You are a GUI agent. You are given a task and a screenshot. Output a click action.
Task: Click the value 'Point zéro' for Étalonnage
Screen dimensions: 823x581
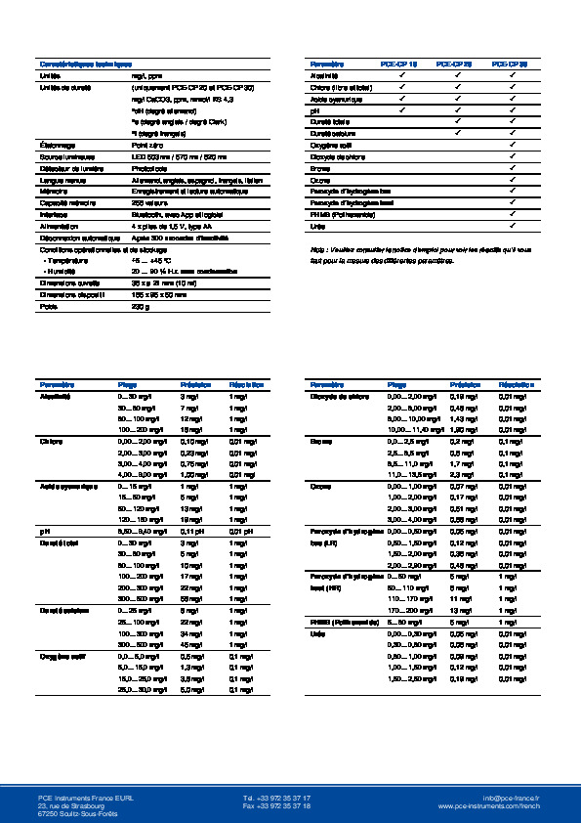146,144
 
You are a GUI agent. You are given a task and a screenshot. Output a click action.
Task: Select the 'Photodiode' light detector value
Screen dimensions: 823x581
148,167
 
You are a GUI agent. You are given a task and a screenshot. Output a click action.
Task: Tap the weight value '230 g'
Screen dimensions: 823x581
140,306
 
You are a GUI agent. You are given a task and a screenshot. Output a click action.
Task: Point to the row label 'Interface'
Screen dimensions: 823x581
53,214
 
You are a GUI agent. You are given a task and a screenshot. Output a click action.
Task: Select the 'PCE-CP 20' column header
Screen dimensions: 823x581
456,63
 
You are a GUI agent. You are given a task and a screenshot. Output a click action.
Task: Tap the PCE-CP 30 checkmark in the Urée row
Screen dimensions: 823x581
514,226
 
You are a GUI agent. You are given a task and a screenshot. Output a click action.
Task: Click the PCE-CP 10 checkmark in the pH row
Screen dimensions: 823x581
400,109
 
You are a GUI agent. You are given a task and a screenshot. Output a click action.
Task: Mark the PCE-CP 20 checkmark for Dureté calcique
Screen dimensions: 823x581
457,133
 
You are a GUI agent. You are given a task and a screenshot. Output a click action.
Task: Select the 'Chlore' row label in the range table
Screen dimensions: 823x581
52,441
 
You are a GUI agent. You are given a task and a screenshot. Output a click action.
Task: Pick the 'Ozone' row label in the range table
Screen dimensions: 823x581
320,486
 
